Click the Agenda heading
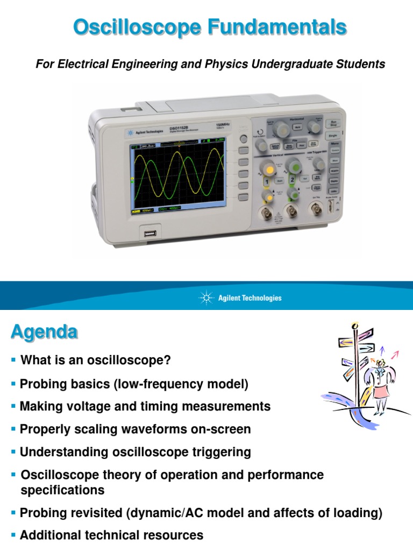pos(44,332)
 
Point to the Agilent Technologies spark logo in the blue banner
pos(206,298)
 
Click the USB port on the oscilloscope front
pos(150,233)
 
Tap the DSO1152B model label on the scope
pos(179,128)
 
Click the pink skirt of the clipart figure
pos(381,391)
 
